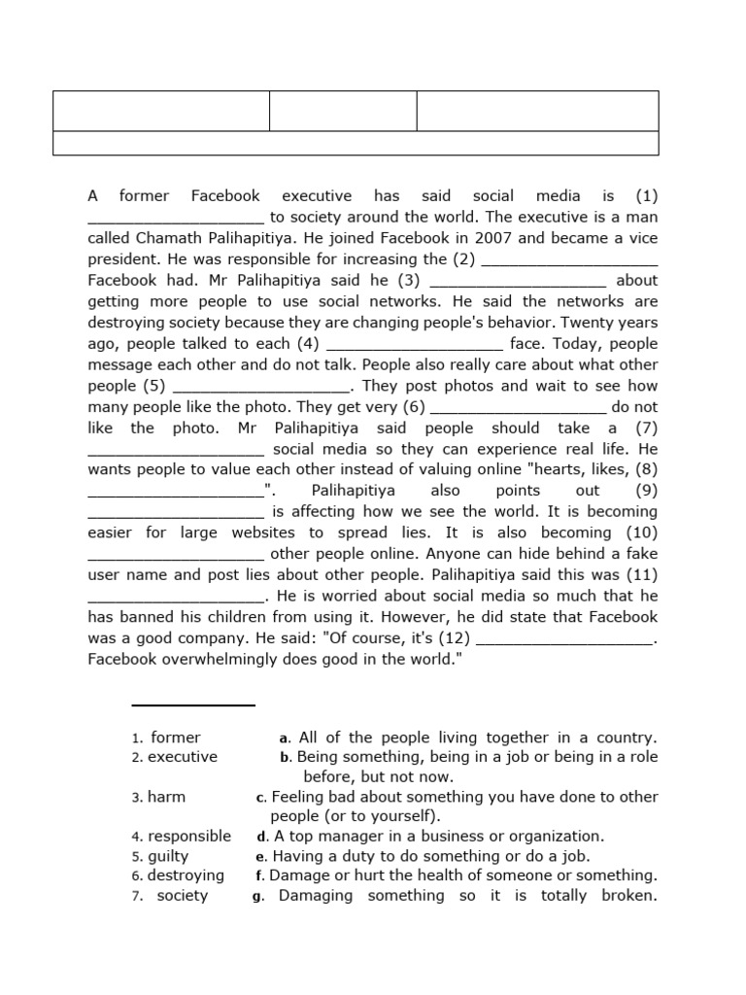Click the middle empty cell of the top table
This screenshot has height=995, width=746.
pyautogui.click(x=343, y=111)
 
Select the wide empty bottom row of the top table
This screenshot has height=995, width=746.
pyautogui.click(x=356, y=143)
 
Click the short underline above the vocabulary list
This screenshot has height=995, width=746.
pyautogui.click(x=193, y=705)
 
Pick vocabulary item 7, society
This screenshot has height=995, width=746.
pyautogui.click(x=182, y=896)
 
